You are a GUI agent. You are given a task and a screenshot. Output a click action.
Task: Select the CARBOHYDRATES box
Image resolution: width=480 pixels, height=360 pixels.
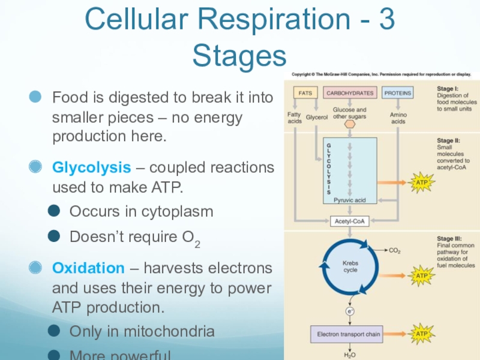click(349, 93)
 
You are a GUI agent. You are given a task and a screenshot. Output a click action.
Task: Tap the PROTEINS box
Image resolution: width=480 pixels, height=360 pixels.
click(398, 93)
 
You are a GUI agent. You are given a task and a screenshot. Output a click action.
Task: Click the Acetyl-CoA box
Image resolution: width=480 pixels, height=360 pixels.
click(349, 221)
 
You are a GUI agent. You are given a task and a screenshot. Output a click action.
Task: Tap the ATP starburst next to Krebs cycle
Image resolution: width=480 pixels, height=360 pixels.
click(419, 275)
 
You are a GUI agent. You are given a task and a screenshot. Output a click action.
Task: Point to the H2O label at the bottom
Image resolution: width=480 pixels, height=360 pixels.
click(349, 355)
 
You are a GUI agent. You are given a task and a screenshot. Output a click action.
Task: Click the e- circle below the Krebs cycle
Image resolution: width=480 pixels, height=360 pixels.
click(349, 311)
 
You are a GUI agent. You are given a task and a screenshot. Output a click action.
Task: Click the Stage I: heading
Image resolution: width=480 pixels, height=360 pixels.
click(448, 88)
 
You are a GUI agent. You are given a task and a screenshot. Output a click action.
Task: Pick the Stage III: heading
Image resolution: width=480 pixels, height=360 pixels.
click(449, 239)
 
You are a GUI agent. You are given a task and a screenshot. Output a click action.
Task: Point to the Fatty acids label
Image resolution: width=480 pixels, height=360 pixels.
click(295, 117)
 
